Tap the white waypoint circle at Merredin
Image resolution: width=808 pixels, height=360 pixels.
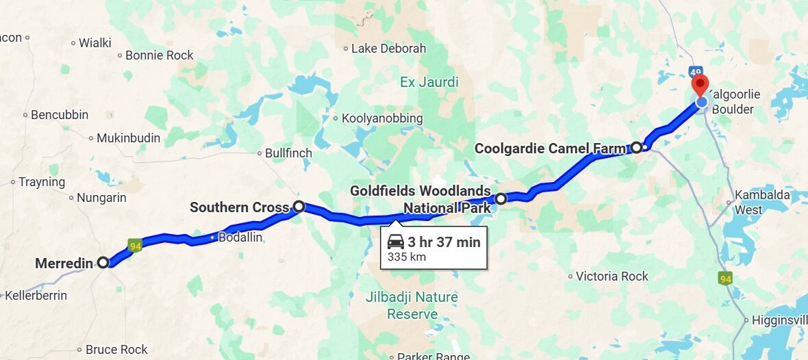click(103, 262)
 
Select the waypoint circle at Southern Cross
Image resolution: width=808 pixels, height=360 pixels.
click(299, 206)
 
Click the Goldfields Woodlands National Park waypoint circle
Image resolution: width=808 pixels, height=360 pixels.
click(501, 198)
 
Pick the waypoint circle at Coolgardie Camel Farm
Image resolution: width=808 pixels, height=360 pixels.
click(636, 147)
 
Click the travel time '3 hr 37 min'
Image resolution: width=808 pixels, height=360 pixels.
click(444, 242)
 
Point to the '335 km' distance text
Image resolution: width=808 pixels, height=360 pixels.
click(407, 257)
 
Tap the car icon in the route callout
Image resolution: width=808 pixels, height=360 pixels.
click(395, 242)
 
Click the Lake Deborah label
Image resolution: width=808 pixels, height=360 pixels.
click(388, 49)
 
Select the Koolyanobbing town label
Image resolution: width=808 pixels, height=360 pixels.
click(382, 118)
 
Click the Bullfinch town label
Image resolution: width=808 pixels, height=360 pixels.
click(288, 153)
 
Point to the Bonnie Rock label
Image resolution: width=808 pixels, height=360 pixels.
click(159, 55)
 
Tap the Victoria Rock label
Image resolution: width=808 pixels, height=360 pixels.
click(611, 277)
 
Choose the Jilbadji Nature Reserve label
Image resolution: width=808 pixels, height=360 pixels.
click(412, 306)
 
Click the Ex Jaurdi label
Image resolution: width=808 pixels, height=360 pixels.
click(429, 83)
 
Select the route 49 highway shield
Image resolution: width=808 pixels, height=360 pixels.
click(696, 72)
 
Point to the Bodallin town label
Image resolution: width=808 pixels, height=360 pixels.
click(240, 237)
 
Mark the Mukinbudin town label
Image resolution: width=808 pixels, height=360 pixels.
click(128, 138)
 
